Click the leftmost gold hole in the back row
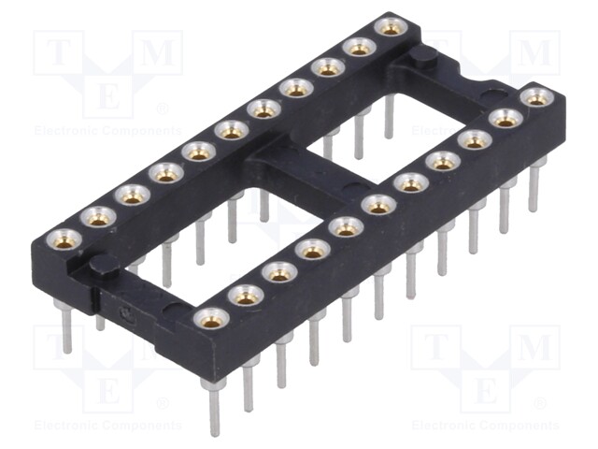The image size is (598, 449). (x=64, y=239)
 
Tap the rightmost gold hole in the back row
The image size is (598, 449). (x=392, y=27)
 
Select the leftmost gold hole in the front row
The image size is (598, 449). (x=212, y=319)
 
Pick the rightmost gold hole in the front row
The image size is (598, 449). (x=536, y=96)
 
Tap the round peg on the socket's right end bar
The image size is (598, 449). (x=421, y=57)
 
